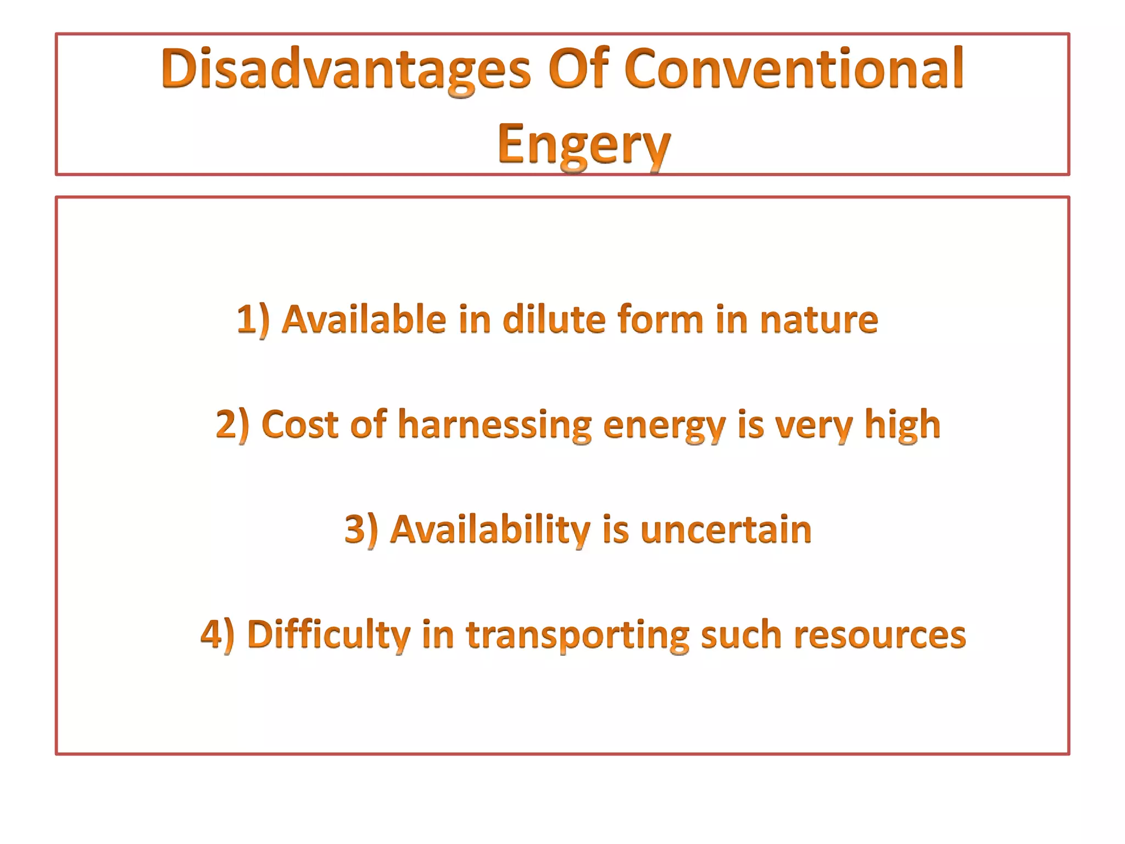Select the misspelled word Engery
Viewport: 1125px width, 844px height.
click(584, 144)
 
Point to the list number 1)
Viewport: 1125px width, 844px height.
click(253, 320)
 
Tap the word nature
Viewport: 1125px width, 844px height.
click(819, 320)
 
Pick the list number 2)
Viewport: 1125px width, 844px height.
click(232, 424)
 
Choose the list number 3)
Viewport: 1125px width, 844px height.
click(361, 530)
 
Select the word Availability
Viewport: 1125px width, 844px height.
click(490, 530)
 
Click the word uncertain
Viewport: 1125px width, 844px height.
click(726, 530)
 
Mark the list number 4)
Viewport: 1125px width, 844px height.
click(217, 634)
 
